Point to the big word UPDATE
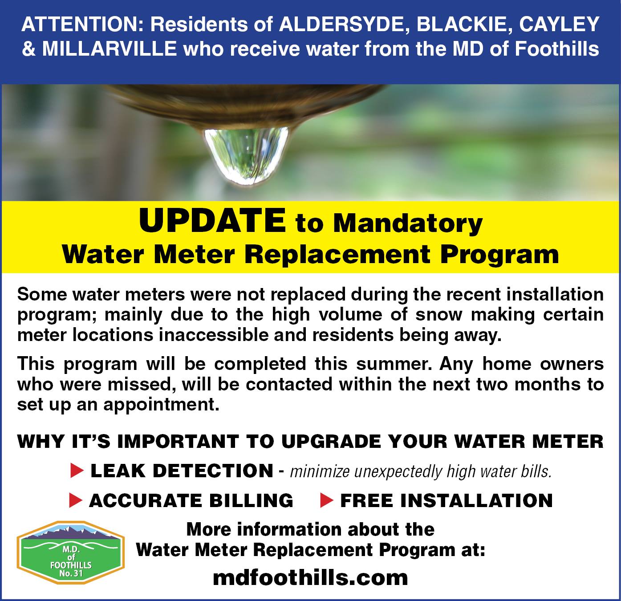click(212, 221)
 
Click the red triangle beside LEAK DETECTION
click(77, 471)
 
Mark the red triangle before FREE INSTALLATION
click(326, 501)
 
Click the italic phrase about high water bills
click(421, 471)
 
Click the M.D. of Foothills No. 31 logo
click(71, 552)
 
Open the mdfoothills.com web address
click(310, 578)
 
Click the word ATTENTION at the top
click(80, 24)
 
